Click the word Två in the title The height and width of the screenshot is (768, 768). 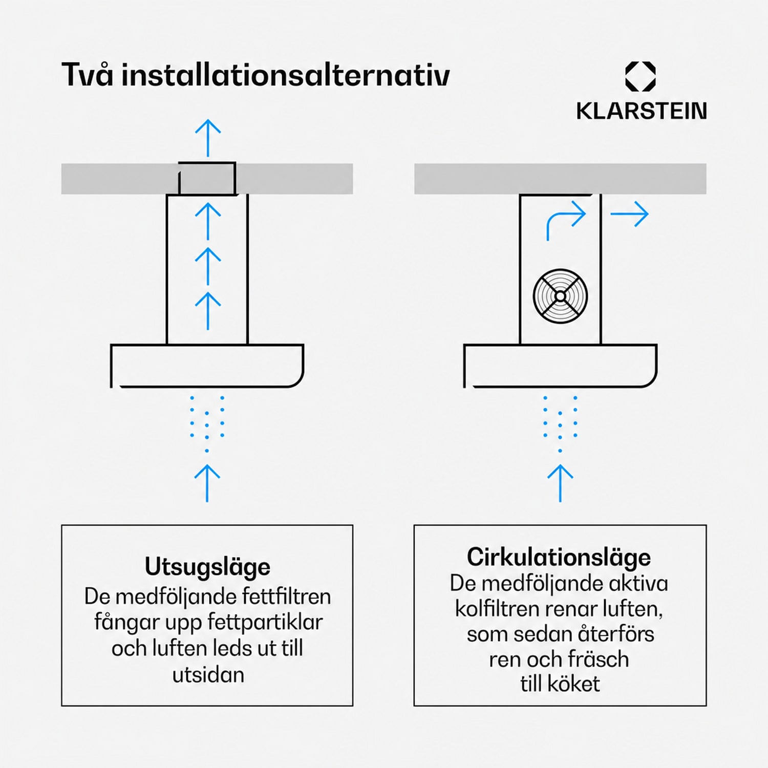(x=87, y=74)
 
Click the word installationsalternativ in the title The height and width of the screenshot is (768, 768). (x=286, y=75)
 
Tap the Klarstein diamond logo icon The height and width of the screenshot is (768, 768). (x=641, y=77)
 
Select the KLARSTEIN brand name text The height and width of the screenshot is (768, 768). (x=642, y=111)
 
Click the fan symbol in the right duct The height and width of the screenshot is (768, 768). (x=560, y=296)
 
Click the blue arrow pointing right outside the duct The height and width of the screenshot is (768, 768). (x=630, y=214)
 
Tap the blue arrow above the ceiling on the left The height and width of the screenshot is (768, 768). (x=208, y=138)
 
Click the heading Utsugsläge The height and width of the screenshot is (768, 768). (x=207, y=567)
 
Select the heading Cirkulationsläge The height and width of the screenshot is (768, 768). (x=559, y=558)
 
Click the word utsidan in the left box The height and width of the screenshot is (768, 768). (x=208, y=675)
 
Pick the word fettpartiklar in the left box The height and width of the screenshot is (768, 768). (x=265, y=623)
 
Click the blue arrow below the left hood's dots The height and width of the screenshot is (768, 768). (x=207, y=483)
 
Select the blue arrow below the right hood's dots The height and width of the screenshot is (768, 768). (x=560, y=483)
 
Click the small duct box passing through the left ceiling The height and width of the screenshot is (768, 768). (x=207, y=179)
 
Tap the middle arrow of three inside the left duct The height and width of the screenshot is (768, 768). (x=208, y=266)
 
